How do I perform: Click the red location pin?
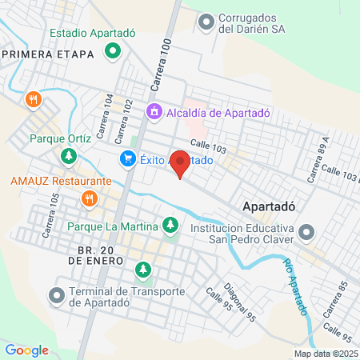[180, 163]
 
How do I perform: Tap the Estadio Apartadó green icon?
[114, 53]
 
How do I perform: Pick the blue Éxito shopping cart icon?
[127, 159]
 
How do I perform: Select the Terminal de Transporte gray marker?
[57, 296]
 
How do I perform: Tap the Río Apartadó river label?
[294, 288]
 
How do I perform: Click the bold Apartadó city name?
[269, 205]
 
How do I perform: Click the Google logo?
[26, 350]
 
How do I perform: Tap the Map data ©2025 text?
[325, 354]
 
